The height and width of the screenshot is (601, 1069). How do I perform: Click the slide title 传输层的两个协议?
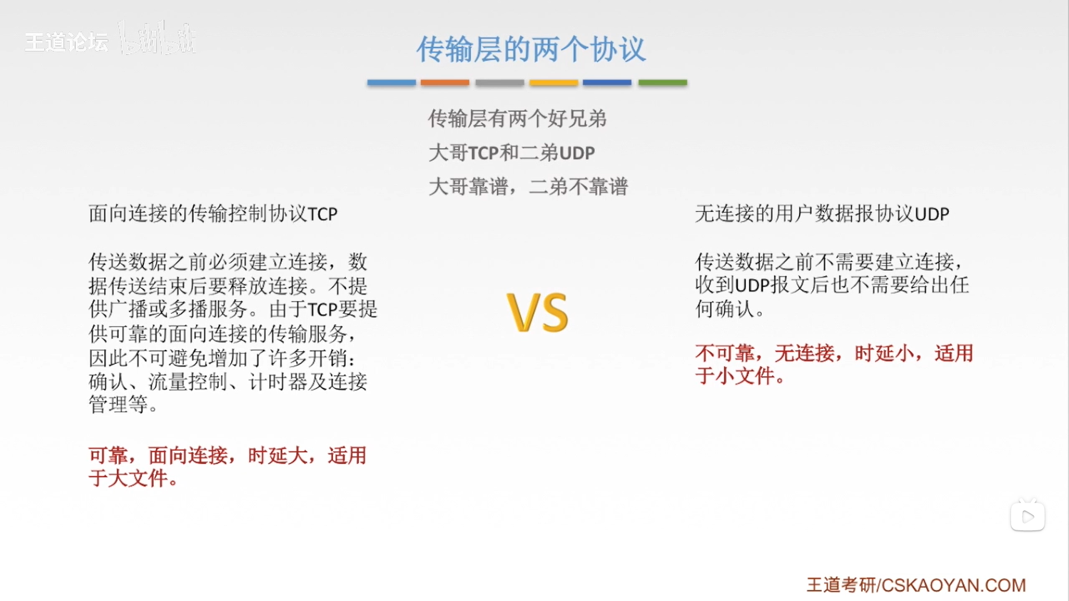(x=531, y=50)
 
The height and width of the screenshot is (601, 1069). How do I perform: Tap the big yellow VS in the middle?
(x=538, y=313)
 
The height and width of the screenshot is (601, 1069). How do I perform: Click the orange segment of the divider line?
(x=445, y=82)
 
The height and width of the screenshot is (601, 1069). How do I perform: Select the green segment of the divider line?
(x=663, y=82)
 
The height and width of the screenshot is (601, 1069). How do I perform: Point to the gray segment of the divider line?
(x=499, y=82)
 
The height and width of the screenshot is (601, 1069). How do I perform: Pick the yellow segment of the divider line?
(x=553, y=82)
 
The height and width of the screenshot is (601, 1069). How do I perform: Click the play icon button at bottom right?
(x=1028, y=516)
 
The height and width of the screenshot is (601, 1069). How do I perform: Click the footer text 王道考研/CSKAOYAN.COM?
(x=916, y=585)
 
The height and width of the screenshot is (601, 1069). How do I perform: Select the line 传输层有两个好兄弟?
(x=517, y=119)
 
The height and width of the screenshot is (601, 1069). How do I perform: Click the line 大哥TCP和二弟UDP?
(x=512, y=152)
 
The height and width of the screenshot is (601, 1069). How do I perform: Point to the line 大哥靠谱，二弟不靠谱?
(x=528, y=186)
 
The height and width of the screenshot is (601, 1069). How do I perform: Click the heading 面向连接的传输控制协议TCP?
(x=213, y=214)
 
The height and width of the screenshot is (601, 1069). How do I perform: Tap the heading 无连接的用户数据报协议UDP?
(x=822, y=214)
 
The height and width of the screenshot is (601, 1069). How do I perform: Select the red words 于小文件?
(x=735, y=376)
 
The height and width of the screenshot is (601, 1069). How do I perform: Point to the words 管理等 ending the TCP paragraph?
(x=118, y=405)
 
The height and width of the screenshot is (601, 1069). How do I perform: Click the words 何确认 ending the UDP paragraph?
(x=724, y=309)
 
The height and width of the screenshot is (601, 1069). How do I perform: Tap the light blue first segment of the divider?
(x=391, y=82)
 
